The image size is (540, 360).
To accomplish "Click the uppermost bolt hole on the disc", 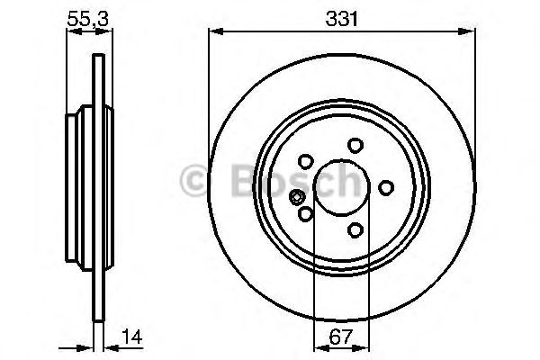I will (355, 145).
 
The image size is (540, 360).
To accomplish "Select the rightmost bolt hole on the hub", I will (386, 187).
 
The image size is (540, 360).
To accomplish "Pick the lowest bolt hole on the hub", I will (355, 229).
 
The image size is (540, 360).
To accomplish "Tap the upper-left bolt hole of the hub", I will (305, 161).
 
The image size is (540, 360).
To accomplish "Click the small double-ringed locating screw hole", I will (295, 199).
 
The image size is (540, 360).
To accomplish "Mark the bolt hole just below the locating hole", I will (305, 213).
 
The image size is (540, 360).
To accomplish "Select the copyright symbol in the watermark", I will (195, 180).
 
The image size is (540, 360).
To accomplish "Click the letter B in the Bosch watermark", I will (236, 180).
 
